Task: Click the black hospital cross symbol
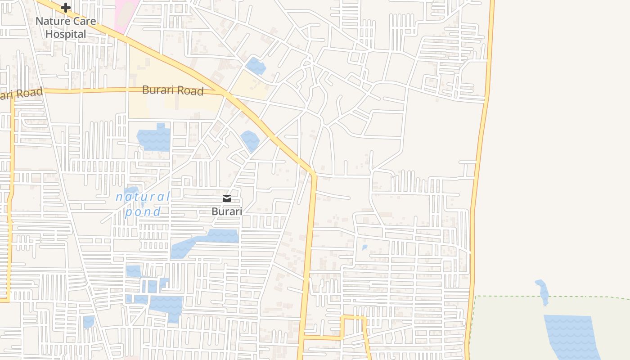pos(66,8)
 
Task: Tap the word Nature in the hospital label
pos(53,21)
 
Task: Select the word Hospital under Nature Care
pos(66,34)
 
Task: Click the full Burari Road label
pos(173,90)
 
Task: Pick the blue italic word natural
pos(143,197)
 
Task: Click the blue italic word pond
pos(143,211)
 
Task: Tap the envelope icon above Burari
pos(227,198)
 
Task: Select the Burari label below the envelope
pos(227,211)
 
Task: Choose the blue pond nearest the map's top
pos(256,66)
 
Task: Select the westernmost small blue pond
pos(88,322)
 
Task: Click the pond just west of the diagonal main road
pos(250,140)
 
